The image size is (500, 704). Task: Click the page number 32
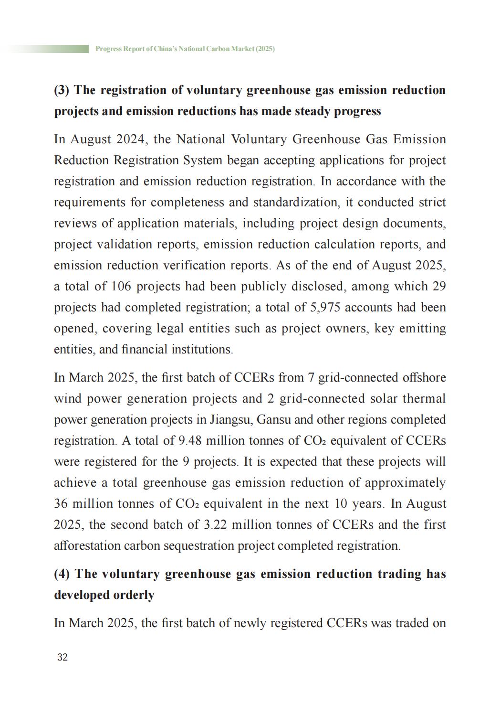tap(62, 657)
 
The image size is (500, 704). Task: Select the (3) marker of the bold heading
tap(62, 90)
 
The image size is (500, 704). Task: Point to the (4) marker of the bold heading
tap(62, 574)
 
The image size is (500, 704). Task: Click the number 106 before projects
tap(122, 287)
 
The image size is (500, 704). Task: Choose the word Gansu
tap(271, 419)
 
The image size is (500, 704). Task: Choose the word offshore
tap(423, 377)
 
